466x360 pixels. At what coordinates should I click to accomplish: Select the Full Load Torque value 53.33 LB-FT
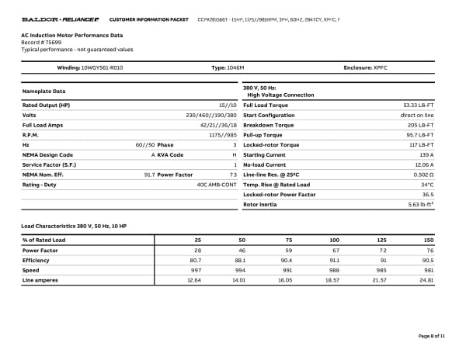coord(418,105)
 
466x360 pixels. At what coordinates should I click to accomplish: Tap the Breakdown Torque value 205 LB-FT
coord(420,124)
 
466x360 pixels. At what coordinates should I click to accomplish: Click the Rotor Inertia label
coord(260,205)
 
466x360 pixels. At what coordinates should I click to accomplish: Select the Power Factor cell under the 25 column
coord(197,251)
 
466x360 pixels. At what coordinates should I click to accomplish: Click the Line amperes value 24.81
coord(425,280)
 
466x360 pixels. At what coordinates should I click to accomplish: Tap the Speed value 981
coord(427,270)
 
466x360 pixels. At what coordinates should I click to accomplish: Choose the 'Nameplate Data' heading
coord(44,92)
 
